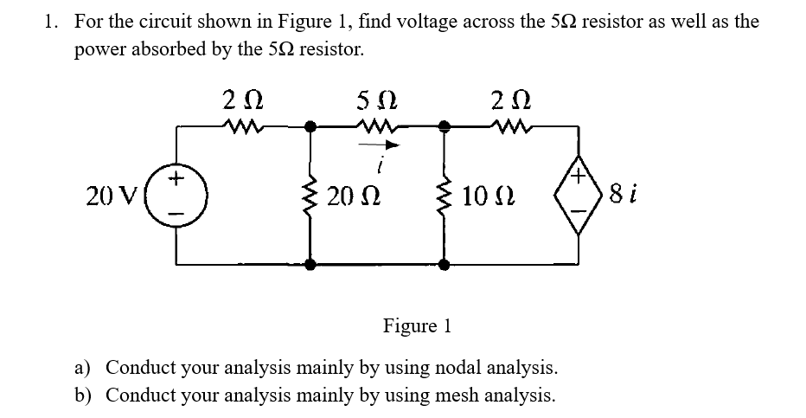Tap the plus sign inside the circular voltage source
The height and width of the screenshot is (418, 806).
[178, 180]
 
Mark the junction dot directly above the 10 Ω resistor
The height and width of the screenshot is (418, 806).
[446, 126]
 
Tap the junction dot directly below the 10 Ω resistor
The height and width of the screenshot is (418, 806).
[446, 265]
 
